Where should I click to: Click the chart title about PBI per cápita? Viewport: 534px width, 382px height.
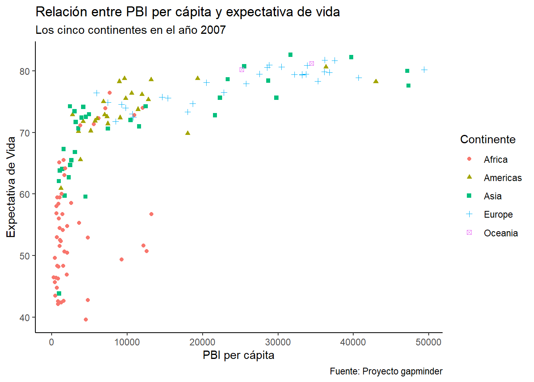point(188,12)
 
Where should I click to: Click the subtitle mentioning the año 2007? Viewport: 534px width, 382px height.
point(131,30)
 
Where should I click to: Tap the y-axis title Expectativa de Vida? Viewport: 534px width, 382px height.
point(11,187)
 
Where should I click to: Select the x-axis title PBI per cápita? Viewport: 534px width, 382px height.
point(238,355)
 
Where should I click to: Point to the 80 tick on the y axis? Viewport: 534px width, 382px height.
point(25,71)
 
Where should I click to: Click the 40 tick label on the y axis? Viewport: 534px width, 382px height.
point(25,318)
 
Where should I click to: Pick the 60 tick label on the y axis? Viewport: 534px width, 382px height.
point(25,194)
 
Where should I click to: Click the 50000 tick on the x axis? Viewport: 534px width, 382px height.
point(428,342)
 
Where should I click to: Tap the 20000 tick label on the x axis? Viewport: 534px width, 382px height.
point(202,342)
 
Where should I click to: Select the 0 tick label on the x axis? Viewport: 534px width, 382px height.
point(51,342)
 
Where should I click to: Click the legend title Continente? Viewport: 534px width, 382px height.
point(488,139)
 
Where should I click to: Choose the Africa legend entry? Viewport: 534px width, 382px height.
point(495,160)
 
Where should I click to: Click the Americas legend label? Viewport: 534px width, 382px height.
point(503,178)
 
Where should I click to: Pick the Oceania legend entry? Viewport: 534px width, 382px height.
point(501,233)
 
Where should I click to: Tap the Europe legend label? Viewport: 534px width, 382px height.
point(498,214)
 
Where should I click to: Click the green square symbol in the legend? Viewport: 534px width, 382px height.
point(469,196)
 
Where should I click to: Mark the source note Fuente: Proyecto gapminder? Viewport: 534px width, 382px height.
point(386,371)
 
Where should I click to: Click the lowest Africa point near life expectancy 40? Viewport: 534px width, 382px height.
point(86,320)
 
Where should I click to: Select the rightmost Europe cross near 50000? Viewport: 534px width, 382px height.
point(424,70)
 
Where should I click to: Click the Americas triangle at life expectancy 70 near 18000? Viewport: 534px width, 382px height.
point(188,133)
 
